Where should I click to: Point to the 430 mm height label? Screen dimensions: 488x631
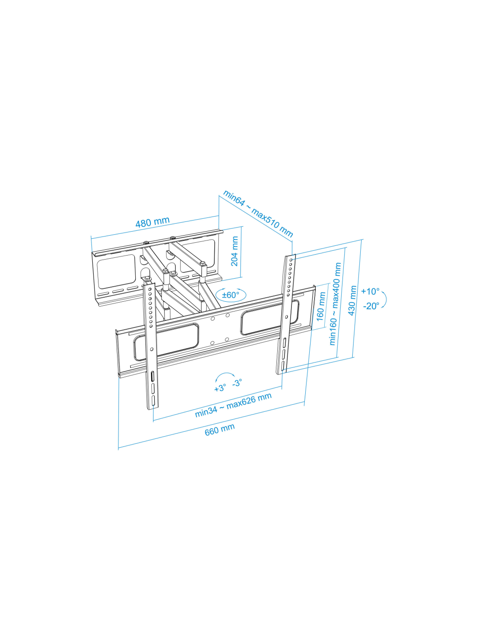click(352, 300)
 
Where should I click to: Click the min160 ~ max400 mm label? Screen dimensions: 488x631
click(335, 304)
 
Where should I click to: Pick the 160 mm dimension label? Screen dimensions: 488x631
click(320, 306)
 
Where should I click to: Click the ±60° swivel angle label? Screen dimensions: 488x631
click(231, 295)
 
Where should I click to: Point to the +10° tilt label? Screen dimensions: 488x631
click(370, 291)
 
